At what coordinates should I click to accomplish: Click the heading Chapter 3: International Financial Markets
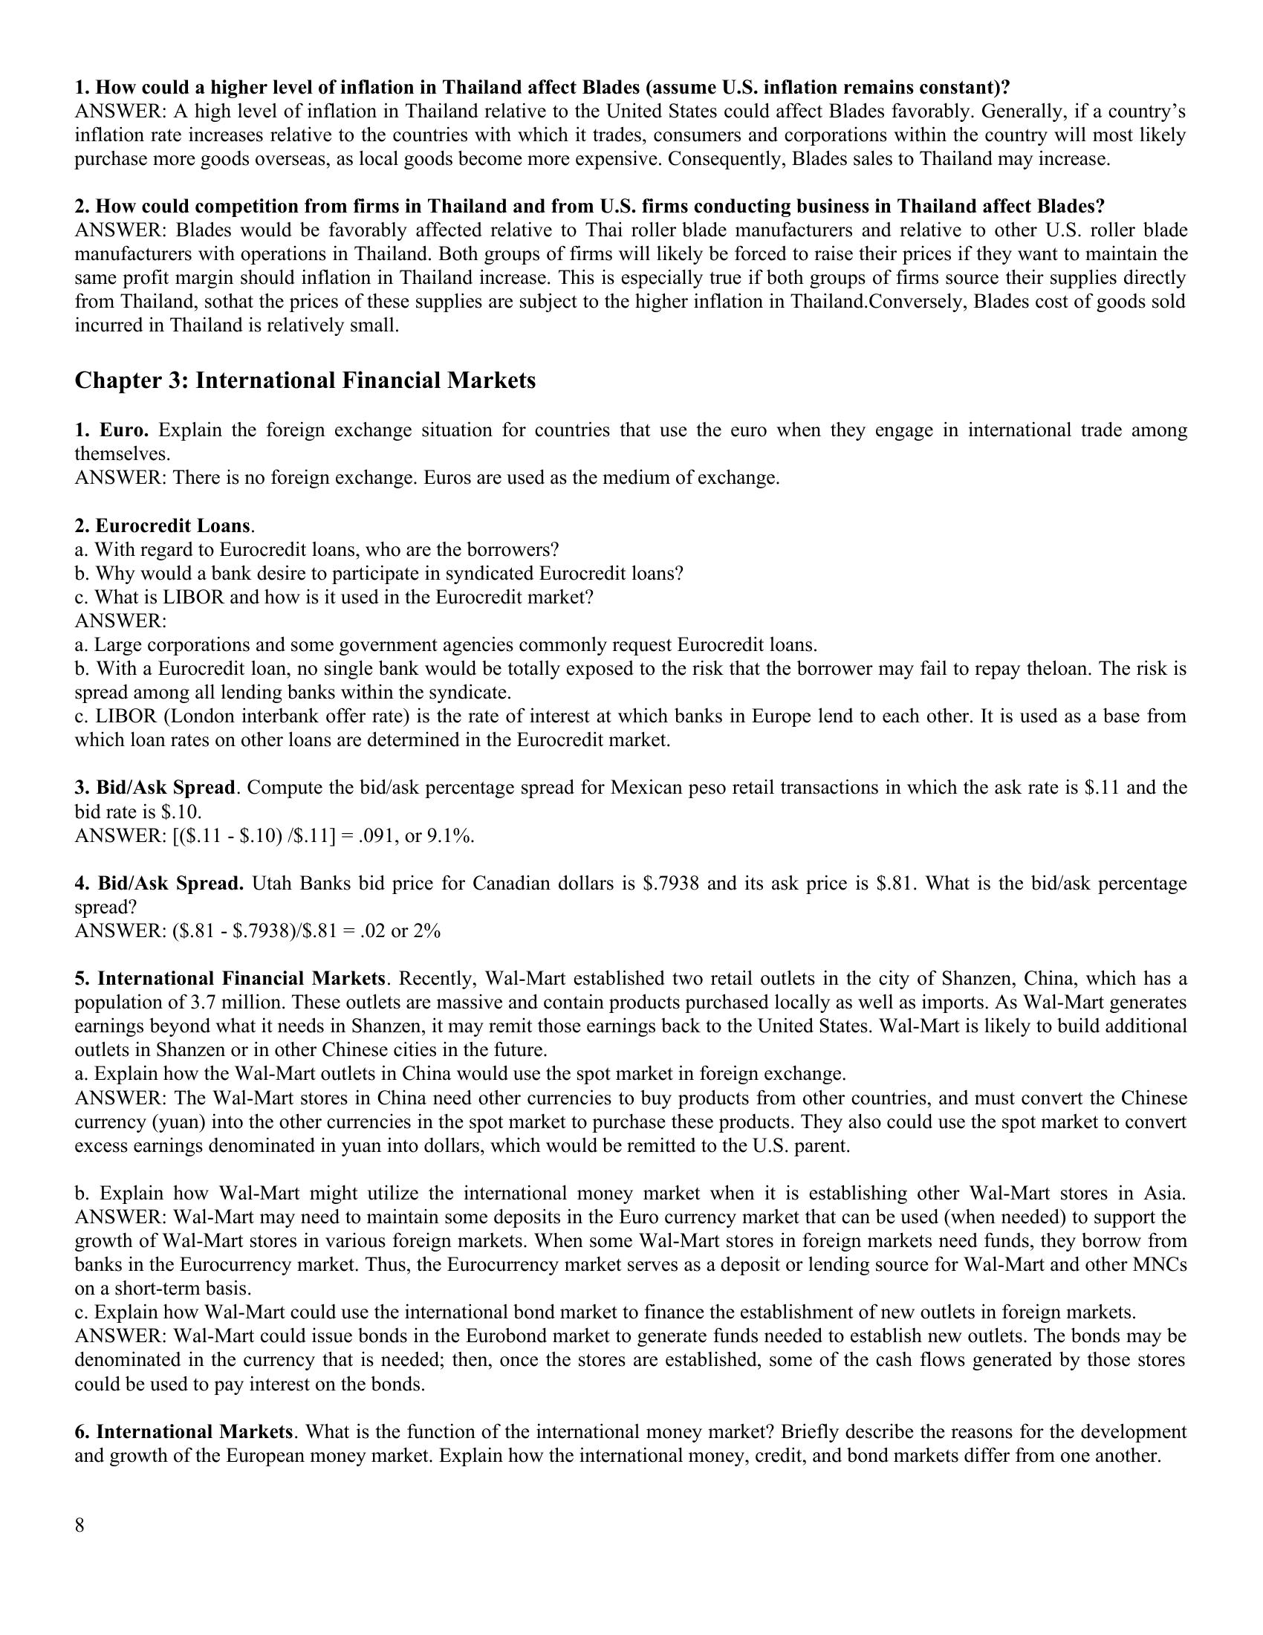tap(305, 381)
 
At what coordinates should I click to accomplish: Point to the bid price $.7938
tap(671, 884)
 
